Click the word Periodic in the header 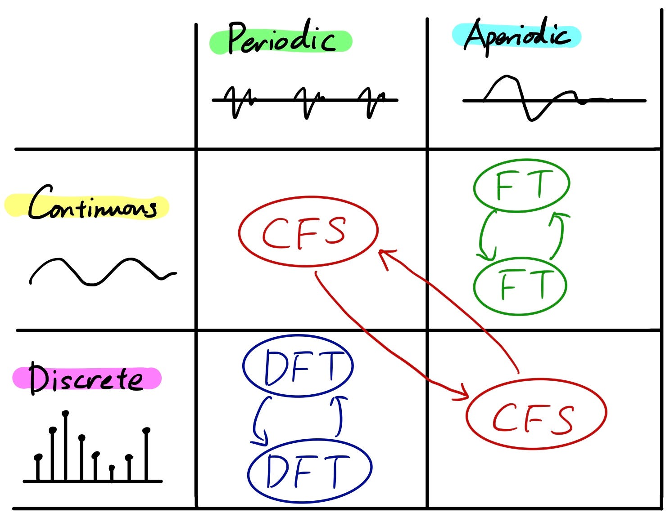click(281, 39)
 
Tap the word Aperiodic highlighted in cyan click(517, 36)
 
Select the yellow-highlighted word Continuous click(92, 207)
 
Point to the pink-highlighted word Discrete click(86, 379)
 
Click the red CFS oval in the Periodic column click(308, 232)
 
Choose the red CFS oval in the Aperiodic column click(536, 414)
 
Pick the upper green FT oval click(521, 185)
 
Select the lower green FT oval click(520, 286)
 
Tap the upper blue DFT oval click(298, 366)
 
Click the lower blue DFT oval click(310, 469)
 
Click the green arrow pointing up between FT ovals click(558, 235)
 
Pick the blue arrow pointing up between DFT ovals click(340, 416)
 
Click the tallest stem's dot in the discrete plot click(66, 413)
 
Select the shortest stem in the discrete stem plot click(112, 474)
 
